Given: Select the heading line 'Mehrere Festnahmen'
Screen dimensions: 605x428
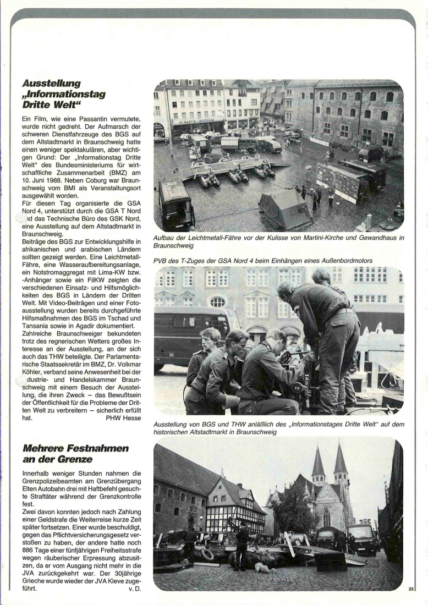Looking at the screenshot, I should [x=75, y=448].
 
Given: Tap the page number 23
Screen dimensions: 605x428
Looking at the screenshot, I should [x=411, y=589].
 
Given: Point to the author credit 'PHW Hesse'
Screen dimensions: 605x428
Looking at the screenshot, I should [x=124, y=417].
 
